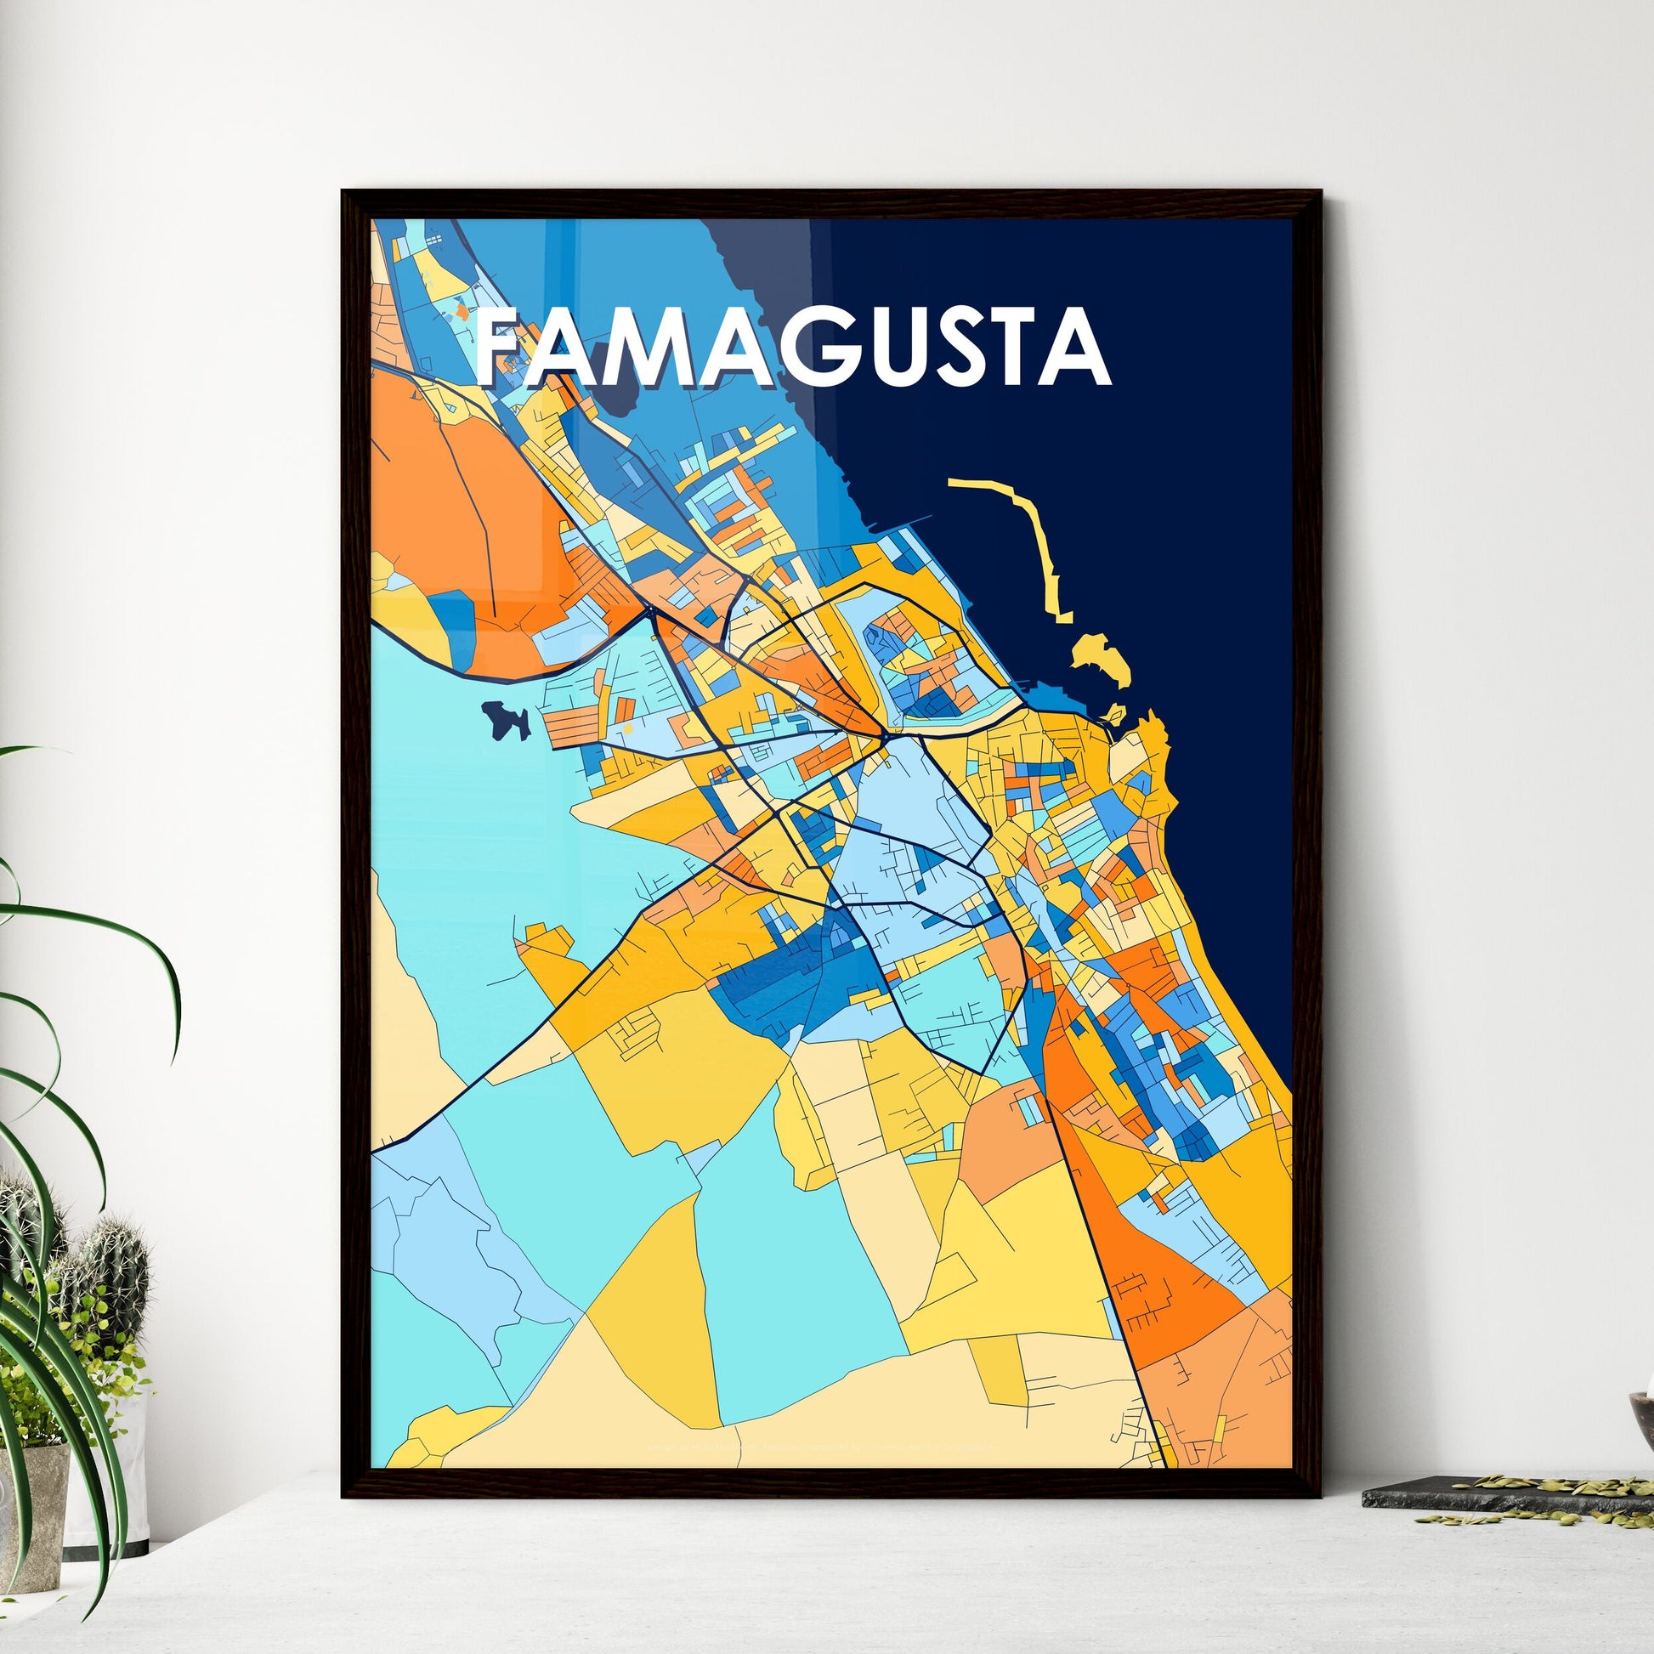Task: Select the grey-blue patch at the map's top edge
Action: (762, 257)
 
